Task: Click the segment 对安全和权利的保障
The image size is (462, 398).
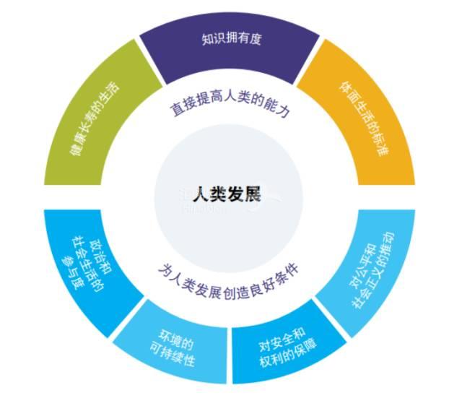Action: [287, 342]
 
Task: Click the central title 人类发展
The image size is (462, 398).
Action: [230, 195]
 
